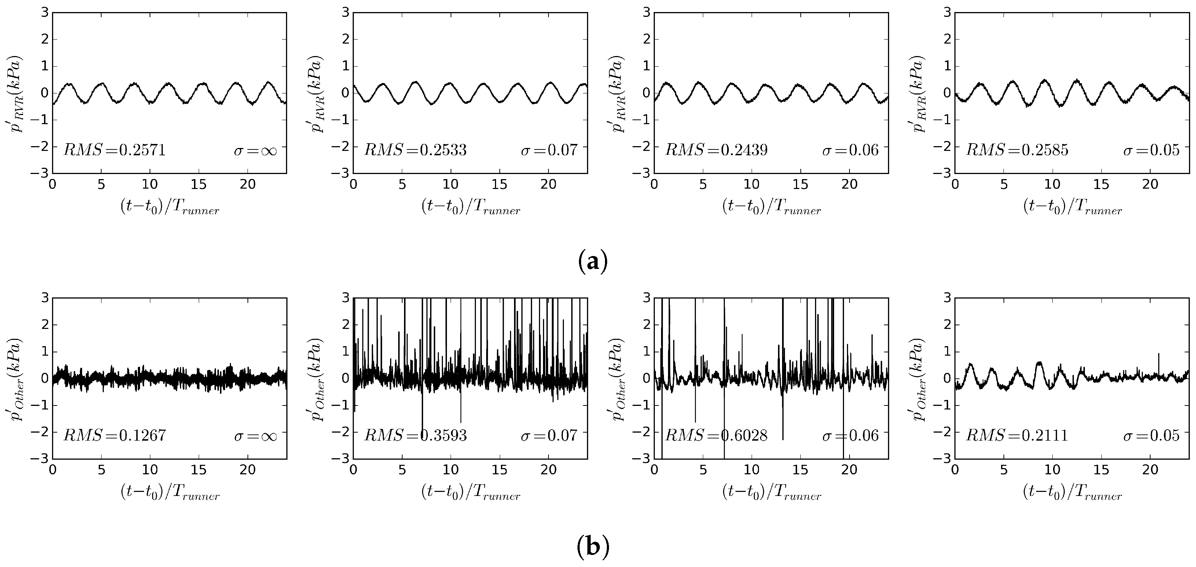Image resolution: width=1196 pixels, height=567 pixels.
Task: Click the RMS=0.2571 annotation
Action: [114, 150]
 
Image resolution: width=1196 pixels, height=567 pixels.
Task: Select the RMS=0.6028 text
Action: [716, 435]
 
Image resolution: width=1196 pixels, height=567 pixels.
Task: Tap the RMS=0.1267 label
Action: [114, 435]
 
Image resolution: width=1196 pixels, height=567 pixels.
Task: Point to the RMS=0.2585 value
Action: [1017, 150]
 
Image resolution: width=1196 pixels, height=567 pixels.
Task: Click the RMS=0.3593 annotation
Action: [415, 435]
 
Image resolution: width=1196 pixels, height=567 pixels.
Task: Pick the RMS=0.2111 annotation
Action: [1017, 435]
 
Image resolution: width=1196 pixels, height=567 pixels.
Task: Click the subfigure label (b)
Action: [593, 548]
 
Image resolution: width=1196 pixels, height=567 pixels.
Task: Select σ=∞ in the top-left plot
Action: [255, 150]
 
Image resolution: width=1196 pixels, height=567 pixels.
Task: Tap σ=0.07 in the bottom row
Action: [549, 435]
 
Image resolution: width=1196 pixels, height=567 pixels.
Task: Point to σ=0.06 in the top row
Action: [851, 150]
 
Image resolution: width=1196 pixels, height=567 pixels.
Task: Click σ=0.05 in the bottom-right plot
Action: [1151, 435]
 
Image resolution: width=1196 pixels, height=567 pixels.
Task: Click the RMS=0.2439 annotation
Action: [716, 150]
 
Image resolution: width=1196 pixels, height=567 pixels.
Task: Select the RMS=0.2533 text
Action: [415, 150]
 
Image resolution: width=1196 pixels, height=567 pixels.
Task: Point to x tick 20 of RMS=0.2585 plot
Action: [1151, 185]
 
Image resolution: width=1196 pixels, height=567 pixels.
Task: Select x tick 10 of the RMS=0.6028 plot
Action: [752, 470]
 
